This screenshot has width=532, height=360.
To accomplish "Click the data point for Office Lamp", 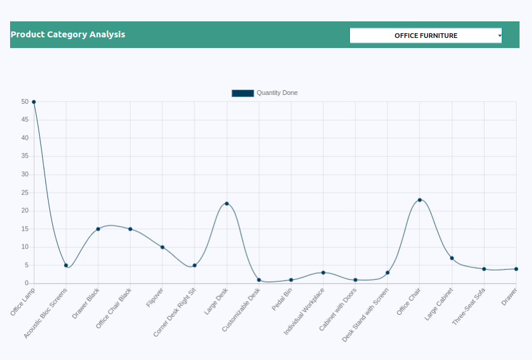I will point(34,102).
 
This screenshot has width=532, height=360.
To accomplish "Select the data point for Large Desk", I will point(227,203).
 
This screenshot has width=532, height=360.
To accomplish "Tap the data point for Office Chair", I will point(420,200).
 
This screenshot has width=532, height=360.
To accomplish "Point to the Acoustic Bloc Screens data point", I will point(66,265).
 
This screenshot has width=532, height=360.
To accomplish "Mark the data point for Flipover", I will point(163,247).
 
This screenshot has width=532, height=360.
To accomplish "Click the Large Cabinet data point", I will point(452,258).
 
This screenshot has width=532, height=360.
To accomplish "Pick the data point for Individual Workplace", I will point(323,273).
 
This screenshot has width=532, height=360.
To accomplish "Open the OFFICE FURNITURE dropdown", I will point(426,36).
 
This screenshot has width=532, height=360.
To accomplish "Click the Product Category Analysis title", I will point(68,34).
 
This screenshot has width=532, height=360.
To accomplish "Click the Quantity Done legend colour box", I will point(243,93).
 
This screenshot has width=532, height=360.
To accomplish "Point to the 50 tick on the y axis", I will point(25,102).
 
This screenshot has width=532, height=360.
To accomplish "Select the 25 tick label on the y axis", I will point(25,193).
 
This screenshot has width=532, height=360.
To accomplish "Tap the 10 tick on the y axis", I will point(25,247).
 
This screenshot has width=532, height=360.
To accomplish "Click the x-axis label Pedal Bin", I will point(282,300).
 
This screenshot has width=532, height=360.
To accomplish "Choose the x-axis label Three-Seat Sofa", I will point(469,306).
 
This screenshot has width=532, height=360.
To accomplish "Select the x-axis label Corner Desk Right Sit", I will point(175,312).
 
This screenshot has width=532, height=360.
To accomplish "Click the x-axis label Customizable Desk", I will point(241,309).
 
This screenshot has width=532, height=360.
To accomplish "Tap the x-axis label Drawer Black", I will point(86,303).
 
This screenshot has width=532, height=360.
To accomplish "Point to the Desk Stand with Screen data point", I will point(387,273).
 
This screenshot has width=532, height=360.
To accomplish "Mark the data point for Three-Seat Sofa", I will point(484,269).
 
